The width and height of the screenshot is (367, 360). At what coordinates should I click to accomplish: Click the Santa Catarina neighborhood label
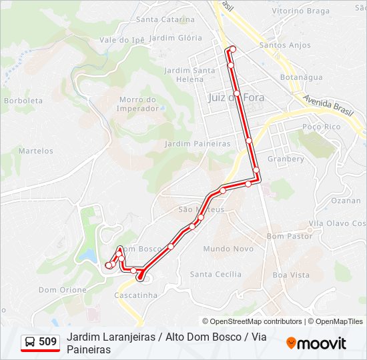(165, 19)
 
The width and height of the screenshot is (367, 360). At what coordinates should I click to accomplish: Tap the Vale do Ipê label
(122, 40)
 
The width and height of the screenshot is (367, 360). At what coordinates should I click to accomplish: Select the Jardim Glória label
(176, 38)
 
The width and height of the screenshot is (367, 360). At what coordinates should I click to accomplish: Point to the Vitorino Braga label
(301, 11)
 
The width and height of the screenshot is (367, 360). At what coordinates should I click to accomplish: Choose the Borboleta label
(23, 101)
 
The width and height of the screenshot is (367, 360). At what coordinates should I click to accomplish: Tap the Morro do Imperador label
(137, 104)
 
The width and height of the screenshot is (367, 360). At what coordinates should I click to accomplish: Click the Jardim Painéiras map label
(198, 143)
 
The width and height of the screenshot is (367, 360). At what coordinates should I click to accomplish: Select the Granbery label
(286, 159)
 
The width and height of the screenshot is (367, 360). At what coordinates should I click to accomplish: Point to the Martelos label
(35, 151)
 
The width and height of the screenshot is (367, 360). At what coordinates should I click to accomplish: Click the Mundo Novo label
(228, 249)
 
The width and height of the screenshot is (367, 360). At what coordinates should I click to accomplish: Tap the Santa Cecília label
(216, 274)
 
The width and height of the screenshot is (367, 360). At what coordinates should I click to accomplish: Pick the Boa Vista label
(291, 275)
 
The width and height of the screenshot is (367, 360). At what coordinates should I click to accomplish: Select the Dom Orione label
(63, 290)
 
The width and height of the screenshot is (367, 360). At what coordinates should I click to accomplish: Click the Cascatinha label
(136, 295)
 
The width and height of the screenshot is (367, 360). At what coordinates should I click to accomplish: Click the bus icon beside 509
(30, 342)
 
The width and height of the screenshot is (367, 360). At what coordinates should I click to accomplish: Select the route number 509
(47, 342)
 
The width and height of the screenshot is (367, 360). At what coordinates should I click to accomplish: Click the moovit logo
(316, 343)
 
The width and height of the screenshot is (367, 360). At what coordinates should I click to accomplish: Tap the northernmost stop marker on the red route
(232, 49)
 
